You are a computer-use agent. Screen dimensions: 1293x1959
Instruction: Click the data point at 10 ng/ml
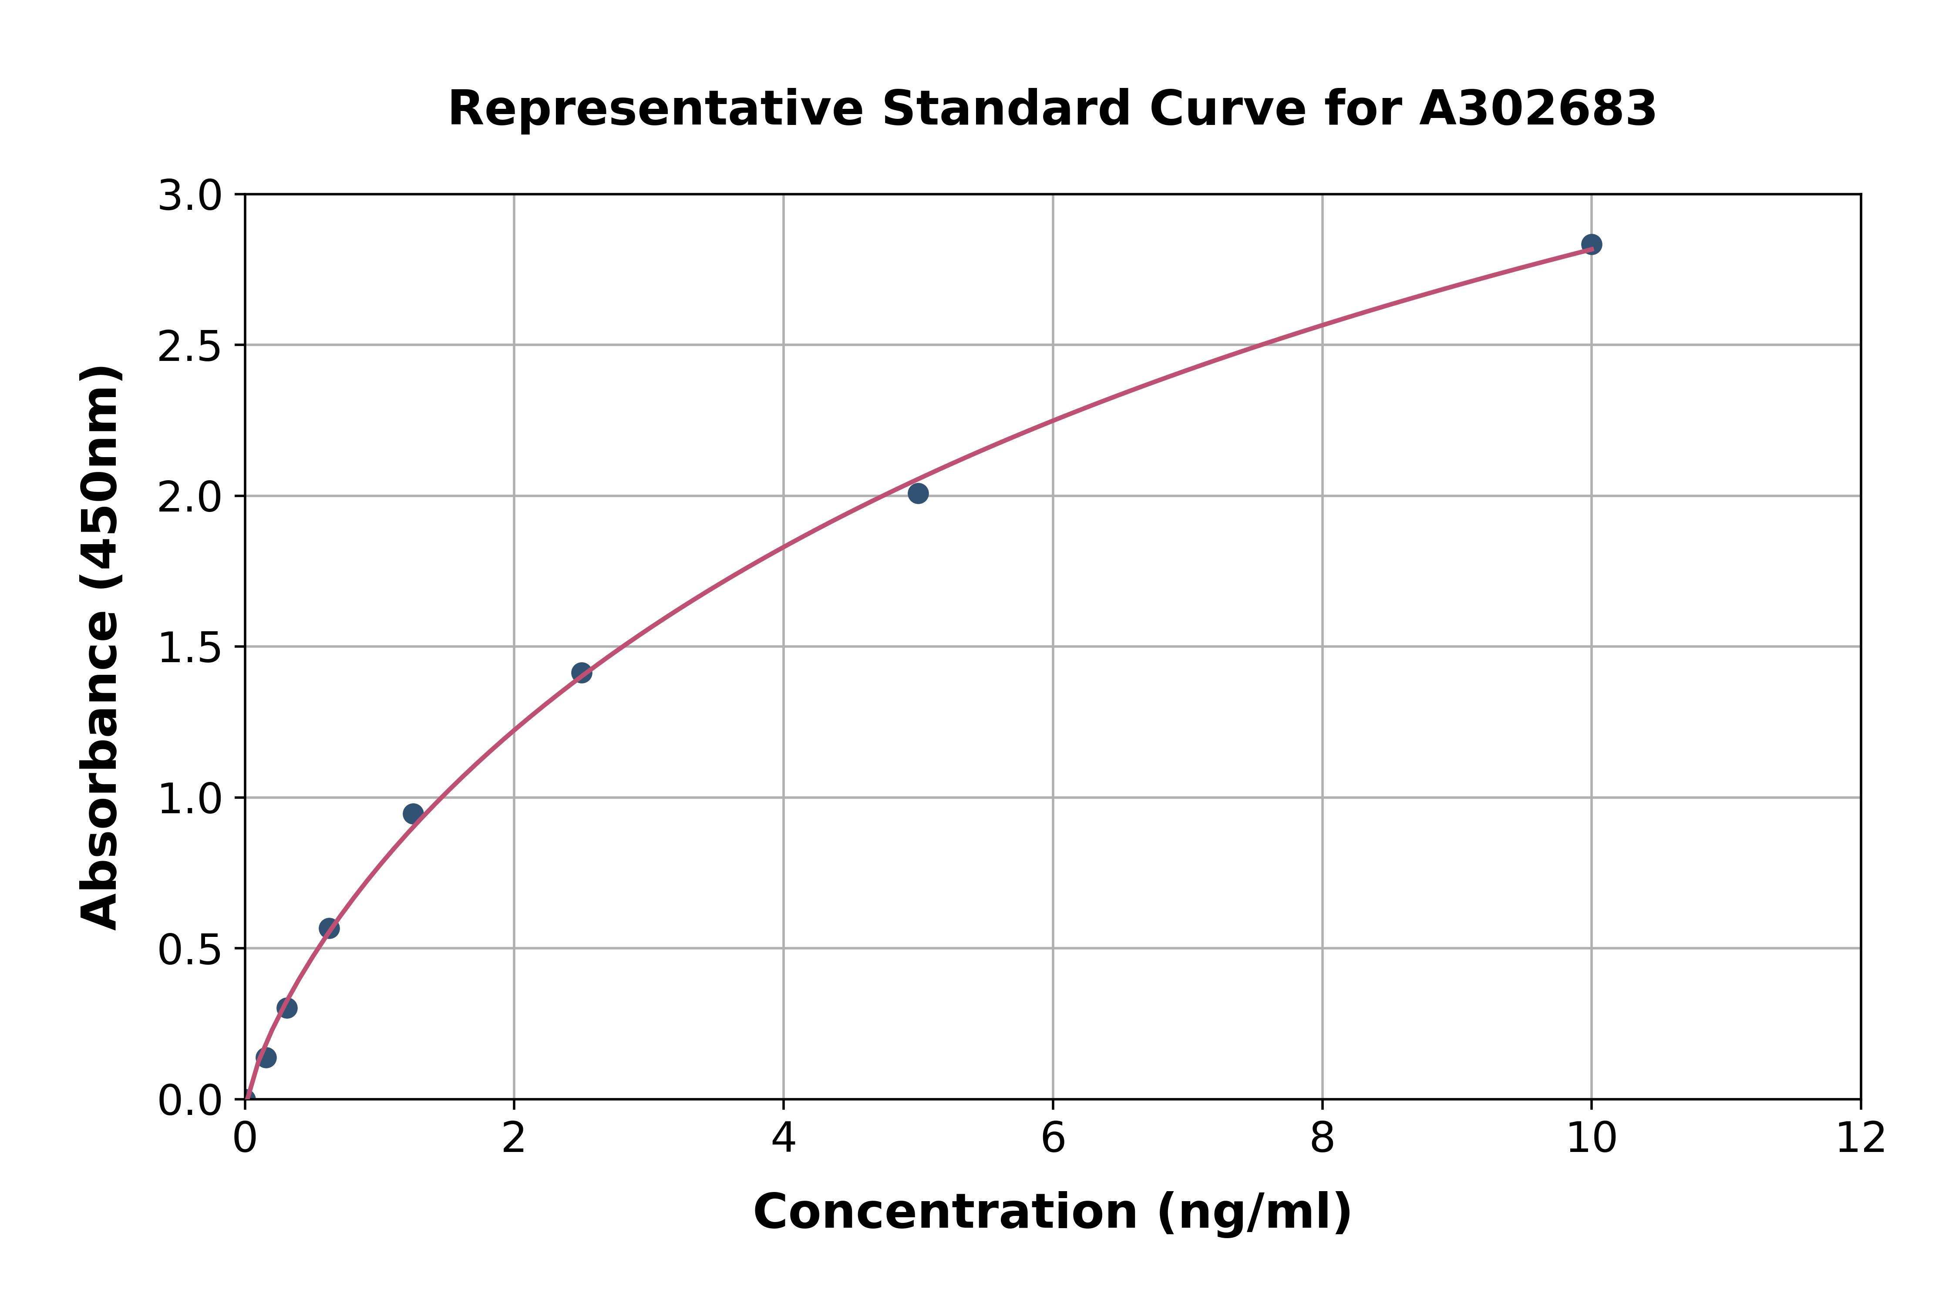[x=1591, y=244]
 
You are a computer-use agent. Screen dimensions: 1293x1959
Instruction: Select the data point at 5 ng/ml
[x=918, y=493]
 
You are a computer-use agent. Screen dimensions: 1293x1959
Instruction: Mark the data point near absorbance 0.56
[x=329, y=929]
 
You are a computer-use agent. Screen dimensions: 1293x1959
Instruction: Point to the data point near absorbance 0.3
[x=287, y=1008]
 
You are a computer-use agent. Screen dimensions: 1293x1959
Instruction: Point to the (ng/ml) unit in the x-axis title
[x=1254, y=1212]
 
